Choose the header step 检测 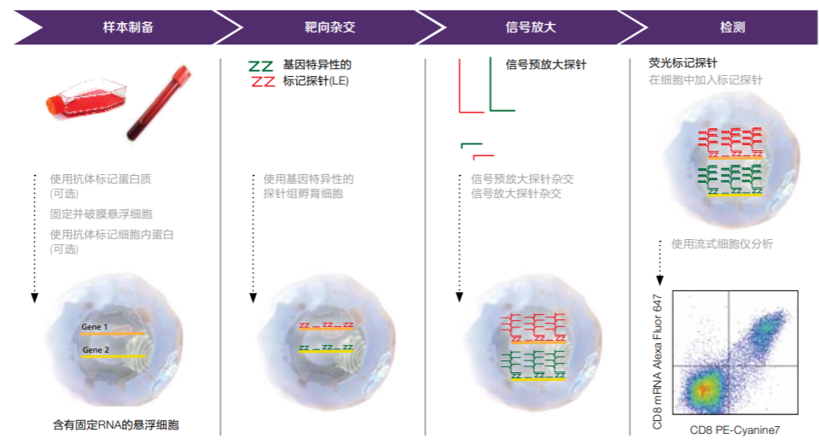coord(732,27)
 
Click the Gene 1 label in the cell coord(96,327)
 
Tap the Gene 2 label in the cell coord(96,349)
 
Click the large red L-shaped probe coord(466,91)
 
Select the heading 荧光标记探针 coord(682,64)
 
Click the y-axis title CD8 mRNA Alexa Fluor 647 coord(658,359)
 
